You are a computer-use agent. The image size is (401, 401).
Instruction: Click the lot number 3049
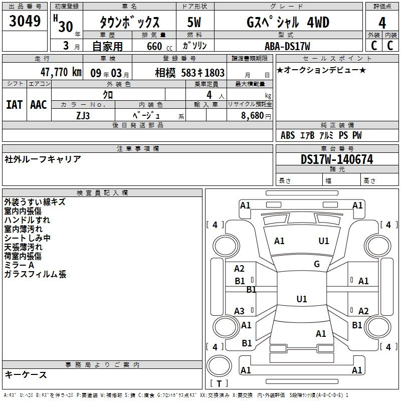coord(25,21)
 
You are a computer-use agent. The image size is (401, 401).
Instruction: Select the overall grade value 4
coord(382,23)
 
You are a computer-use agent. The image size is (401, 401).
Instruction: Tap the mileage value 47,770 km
coord(61,72)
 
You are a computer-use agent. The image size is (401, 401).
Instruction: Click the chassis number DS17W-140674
coord(337,159)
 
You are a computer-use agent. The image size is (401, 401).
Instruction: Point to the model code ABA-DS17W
coord(287,46)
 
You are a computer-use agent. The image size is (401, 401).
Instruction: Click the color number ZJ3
coord(83,116)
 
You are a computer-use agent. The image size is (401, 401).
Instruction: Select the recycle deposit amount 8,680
coord(253,115)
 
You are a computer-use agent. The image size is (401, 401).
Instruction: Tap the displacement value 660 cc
coord(159,46)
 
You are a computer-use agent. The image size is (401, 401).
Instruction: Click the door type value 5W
coord(194,22)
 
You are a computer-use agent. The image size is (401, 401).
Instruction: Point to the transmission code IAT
coord(14,105)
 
